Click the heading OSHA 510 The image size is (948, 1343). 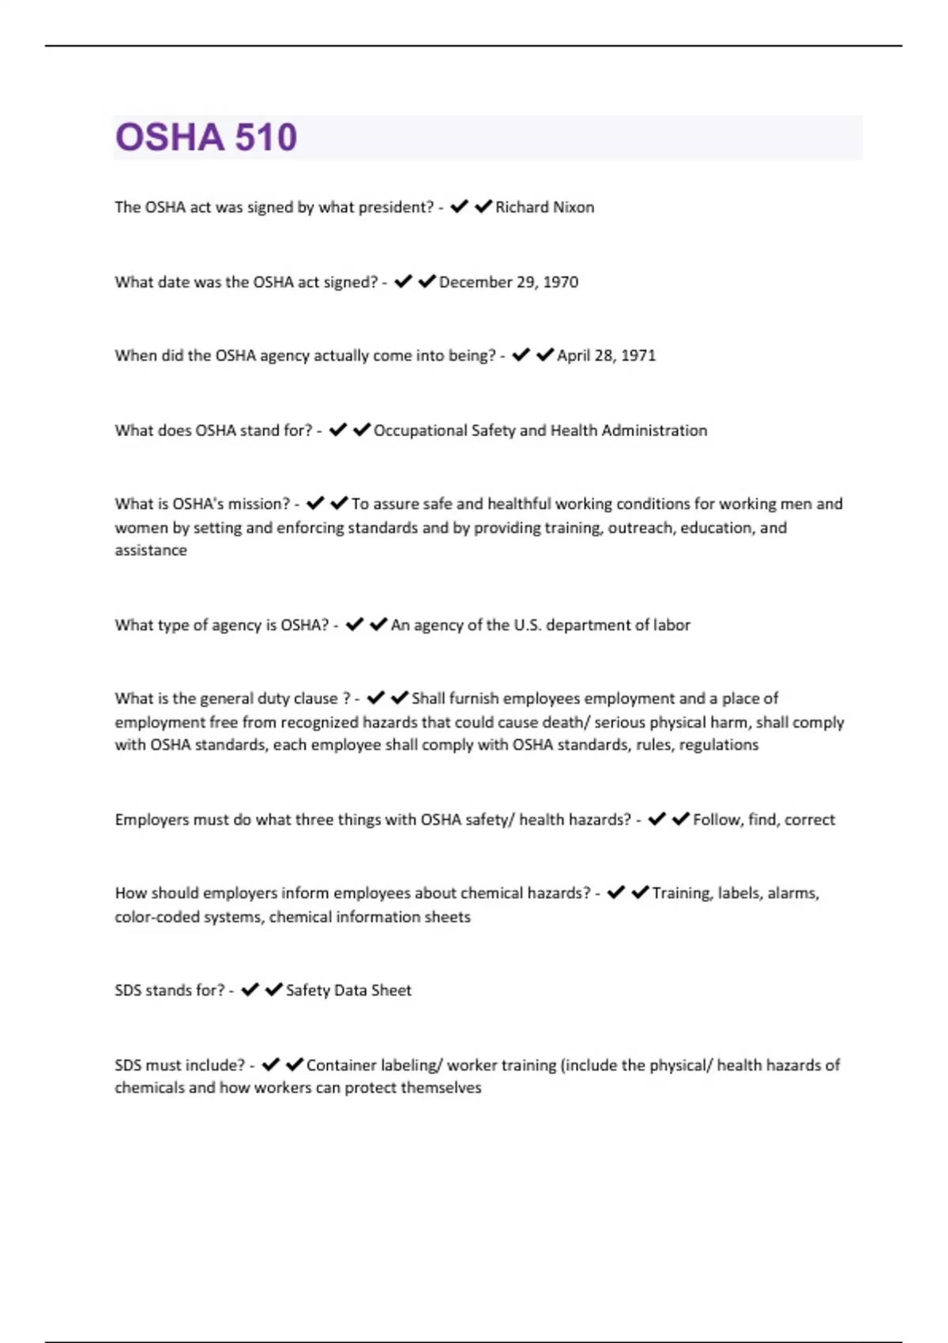(x=206, y=137)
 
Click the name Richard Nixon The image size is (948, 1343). (x=544, y=208)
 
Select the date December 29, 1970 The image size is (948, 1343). (x=508, y=282)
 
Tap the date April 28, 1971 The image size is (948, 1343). (x=606, y=355)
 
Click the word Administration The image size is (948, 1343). (x=654, y=431)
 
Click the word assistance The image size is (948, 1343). (x=151, y=551)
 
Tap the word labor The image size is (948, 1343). (x=671, y=625)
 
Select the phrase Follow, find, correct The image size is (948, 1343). (x=763, y=820)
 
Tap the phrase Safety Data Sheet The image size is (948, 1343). (x=348, y=991)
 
